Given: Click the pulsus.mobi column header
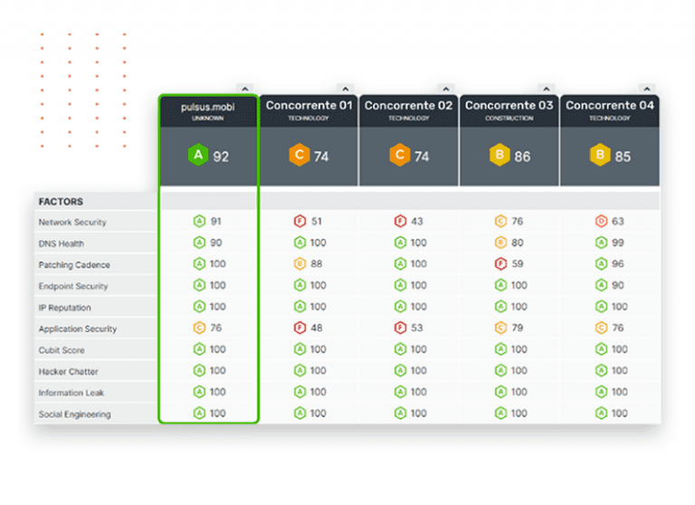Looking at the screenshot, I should coord(208,107).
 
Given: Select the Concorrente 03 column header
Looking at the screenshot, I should coord(509,106).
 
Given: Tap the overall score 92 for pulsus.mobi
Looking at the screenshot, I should coord(221,157).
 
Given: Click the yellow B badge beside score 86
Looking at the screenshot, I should coord(499,157).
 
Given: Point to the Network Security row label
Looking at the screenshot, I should coord(72,222).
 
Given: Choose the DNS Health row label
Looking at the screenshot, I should coord(61,243).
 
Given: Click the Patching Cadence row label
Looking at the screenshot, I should coord(74,265).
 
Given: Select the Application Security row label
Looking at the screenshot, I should coord(77,329).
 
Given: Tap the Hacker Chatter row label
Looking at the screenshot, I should coord(69,371).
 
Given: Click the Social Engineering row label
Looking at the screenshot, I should coord(74,414).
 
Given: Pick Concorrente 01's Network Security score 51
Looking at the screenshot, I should coord(317,221).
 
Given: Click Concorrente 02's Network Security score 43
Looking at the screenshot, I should coord(417,221).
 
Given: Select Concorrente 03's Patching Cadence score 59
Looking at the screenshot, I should coord(518,264).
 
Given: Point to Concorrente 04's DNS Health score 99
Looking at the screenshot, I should coord(618,243).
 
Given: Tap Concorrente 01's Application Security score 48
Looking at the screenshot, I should coord(317,328).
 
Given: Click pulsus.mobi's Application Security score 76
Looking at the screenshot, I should coord(216,328).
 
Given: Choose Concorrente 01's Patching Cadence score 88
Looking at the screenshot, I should coord(317,264).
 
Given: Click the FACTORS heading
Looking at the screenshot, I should coord(62,201).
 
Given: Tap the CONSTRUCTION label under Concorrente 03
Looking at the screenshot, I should coord(509,119).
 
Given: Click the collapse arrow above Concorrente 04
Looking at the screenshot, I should coord(645,89).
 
